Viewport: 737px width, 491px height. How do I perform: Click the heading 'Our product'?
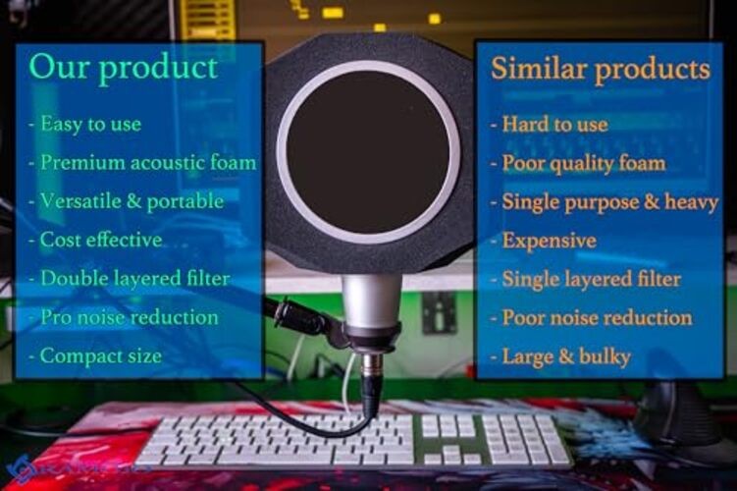pyautogui.click(x=123, y=67)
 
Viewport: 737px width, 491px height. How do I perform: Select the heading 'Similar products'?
pyautogui.click(x=600, y=69)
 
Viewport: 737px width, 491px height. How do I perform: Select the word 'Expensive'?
pyautogui.click(x=549, y=241)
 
